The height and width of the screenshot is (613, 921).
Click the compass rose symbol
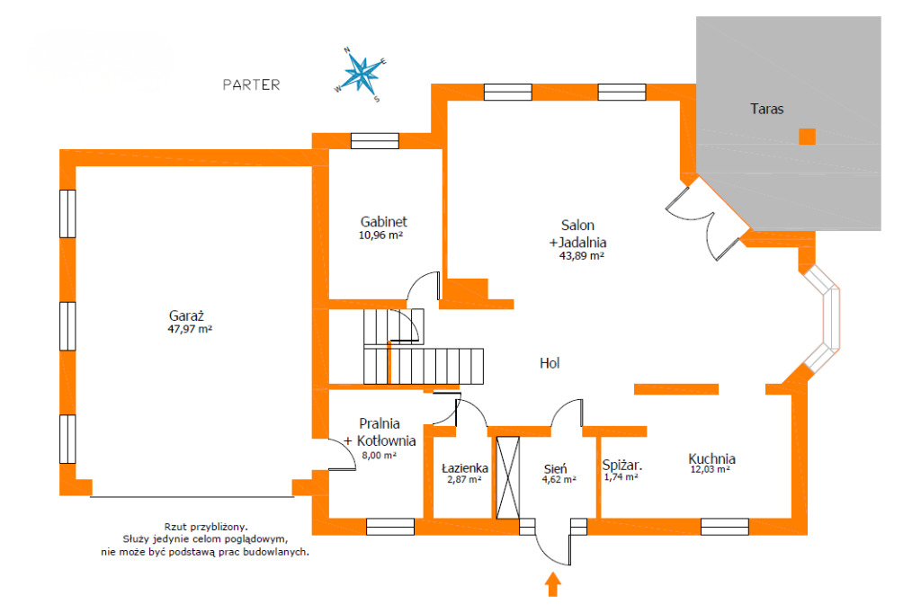[362, 75]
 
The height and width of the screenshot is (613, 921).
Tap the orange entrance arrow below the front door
[552, 584]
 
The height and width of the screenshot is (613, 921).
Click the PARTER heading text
[252, 84]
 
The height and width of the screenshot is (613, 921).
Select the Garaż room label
[186, 315]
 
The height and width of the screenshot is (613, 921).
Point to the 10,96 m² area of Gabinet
[380, 235]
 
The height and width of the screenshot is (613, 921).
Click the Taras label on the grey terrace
[766, 109]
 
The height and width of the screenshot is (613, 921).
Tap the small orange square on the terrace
[807, 137]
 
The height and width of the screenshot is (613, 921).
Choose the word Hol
[550, 363]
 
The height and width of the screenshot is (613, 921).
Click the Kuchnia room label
[712, 458]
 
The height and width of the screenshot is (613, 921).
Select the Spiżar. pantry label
[622, 466]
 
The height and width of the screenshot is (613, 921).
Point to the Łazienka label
[465, 468]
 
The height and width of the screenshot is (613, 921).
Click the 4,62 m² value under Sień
[559, 480]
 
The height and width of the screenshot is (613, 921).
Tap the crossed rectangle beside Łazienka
[508, 477]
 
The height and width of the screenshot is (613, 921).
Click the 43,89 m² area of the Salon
[582, 256]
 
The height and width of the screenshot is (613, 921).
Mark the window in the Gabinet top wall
[375, 141]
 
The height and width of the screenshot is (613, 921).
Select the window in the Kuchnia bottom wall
[725, 527]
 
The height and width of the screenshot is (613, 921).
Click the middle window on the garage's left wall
[67, 326]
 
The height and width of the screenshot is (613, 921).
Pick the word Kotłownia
[387, 441]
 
